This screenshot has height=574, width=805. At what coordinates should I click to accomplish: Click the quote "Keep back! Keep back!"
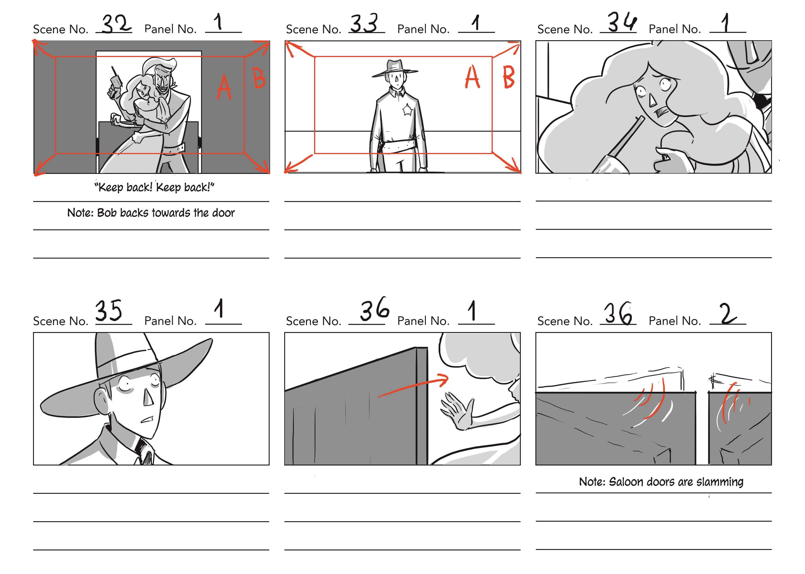(154, 187)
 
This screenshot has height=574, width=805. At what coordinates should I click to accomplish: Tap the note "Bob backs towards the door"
(151, 213)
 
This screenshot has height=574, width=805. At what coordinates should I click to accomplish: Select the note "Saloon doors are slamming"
(661, 482)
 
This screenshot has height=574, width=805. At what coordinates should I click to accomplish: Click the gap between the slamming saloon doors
(702, 428)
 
